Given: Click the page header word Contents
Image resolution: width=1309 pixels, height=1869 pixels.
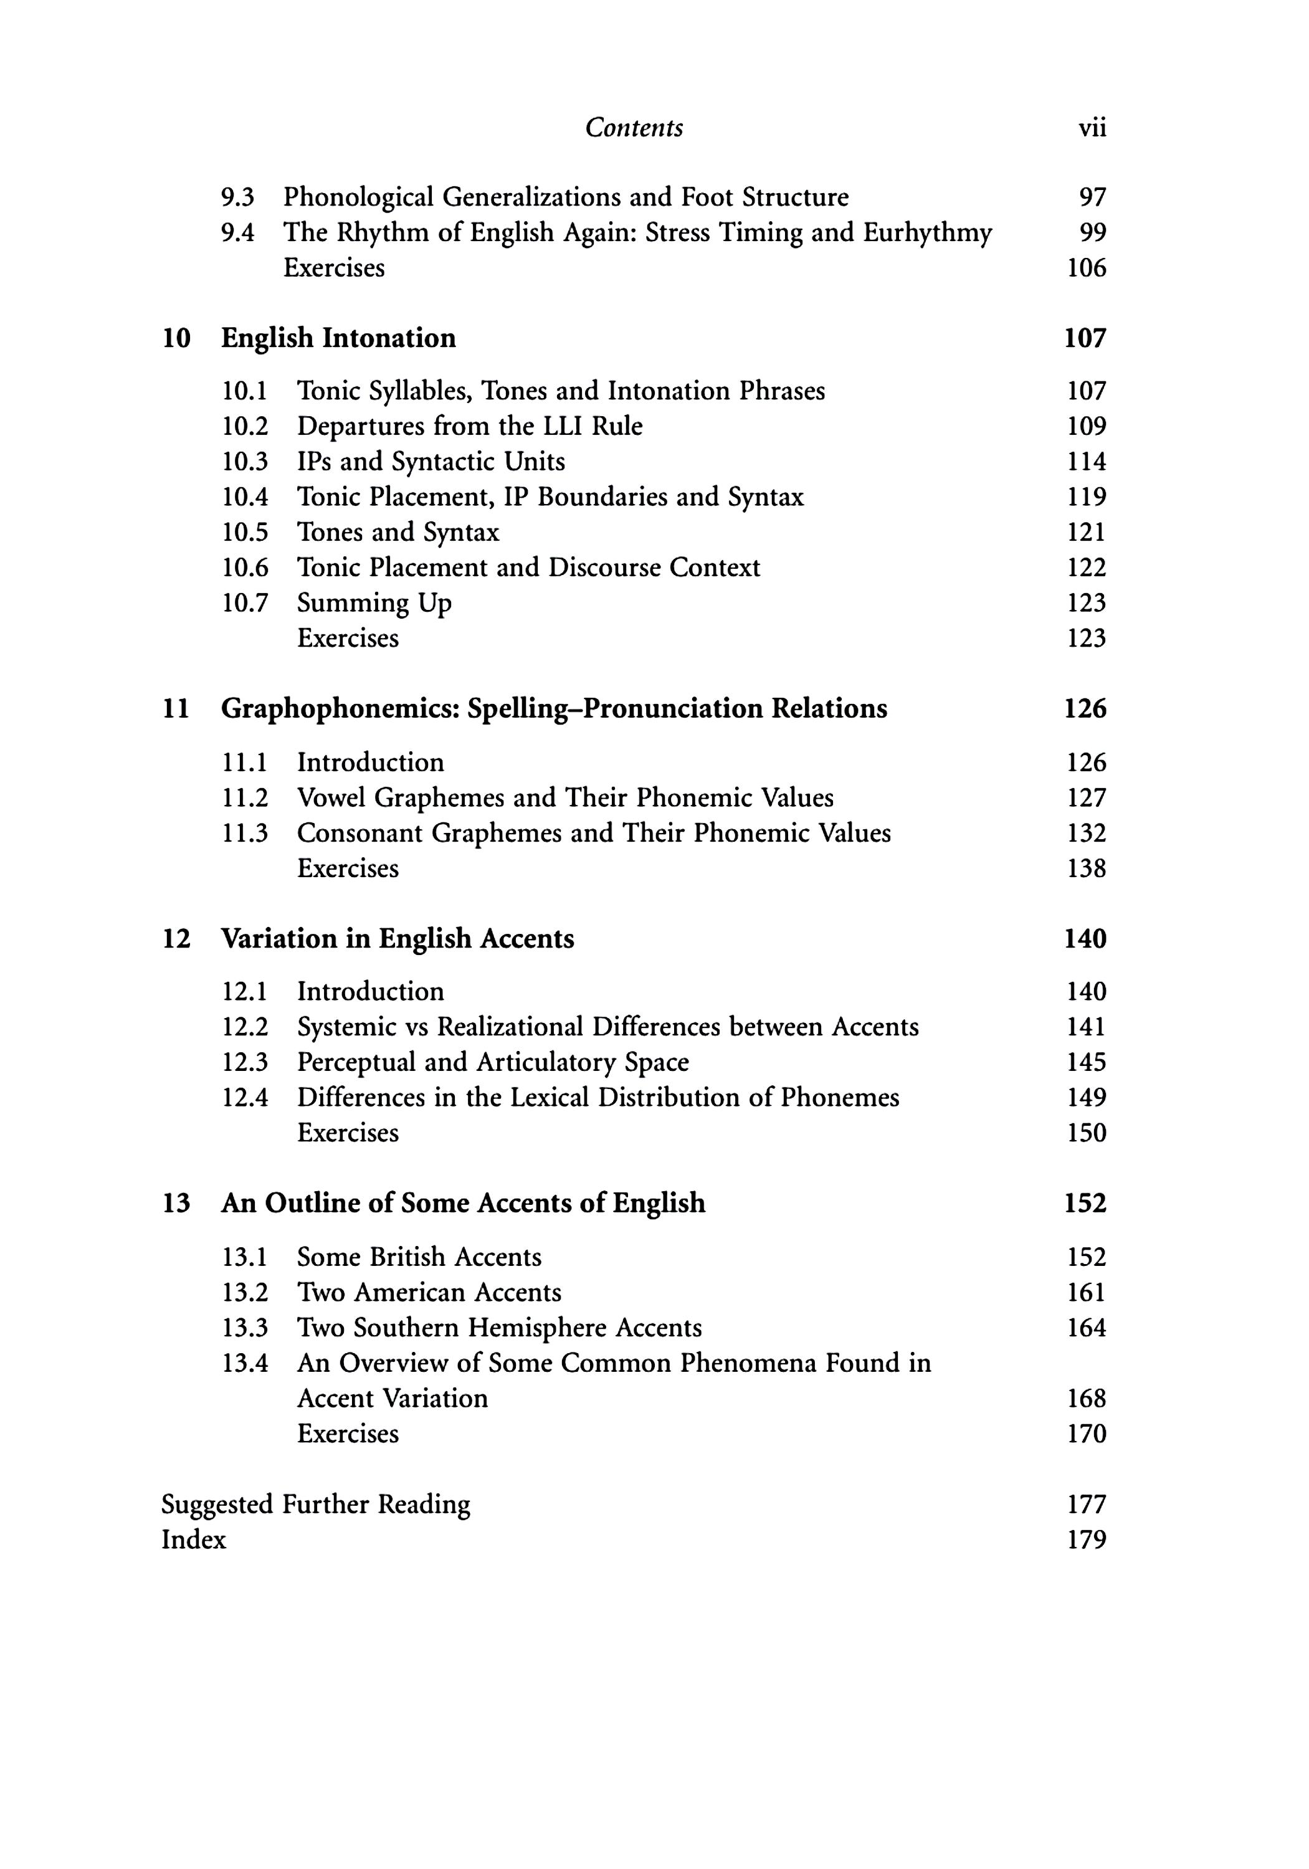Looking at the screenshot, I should click(x=634, y=128).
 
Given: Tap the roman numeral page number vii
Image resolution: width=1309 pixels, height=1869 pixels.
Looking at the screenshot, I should click(x=1092, y=128).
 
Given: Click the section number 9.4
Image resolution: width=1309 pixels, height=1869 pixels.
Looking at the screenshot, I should click(x=238, y=233).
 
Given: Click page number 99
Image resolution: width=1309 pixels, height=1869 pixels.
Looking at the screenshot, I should click(x=1092, y=233).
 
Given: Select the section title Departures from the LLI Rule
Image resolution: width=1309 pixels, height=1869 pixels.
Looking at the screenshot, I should click(x=470, y=426).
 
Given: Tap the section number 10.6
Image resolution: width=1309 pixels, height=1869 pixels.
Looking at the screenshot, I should click(x=245, y=568).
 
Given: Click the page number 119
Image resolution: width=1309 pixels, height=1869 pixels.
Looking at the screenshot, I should click(x=1086, y=497).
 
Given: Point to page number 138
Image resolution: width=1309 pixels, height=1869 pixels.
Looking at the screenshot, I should click(x=1086, y=868).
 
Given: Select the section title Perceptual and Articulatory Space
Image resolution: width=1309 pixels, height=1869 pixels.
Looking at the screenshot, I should click(x=492, y=1062).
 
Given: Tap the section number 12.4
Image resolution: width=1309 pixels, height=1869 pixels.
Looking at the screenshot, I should click(x=245, y=1097).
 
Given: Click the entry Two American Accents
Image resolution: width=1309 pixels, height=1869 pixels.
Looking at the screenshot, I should click(x=429, y=1293).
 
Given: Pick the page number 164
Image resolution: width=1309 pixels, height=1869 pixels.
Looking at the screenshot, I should click(x=1086, y=1328).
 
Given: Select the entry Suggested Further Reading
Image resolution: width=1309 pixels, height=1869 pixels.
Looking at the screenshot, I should click(x=316, y=1505).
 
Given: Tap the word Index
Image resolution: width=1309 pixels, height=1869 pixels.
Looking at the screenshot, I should click(x=194, y=1539).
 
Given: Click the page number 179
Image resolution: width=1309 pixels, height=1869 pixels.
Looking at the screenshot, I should click(x=1086, y=1539).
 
